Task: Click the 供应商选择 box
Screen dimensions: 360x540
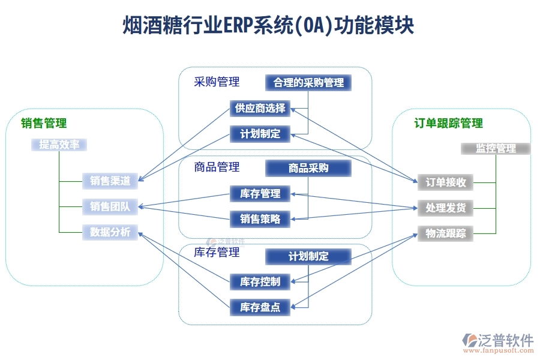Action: [260, 109]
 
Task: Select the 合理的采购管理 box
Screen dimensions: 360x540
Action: [308, 83]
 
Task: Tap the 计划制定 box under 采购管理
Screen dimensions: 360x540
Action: [260, 134]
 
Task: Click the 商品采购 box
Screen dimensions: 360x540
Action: [308, 169]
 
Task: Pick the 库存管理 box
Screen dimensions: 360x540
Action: [260, 194]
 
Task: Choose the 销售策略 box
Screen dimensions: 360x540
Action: [260, 219]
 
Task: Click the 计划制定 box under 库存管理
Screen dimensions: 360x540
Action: [308, 257]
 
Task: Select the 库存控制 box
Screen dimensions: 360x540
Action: [260, 281]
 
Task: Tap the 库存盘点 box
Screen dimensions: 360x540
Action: [260, 307]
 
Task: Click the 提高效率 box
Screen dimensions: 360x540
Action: [59, 145]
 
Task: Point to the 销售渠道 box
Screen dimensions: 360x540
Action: [110, 180]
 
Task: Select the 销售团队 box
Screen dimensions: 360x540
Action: [110, 207]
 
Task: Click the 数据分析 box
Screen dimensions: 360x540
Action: [110, 232]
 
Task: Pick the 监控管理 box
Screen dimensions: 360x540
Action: [496, 148]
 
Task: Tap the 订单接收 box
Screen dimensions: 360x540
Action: [446, 182]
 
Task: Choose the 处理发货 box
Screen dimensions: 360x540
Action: [446, 208]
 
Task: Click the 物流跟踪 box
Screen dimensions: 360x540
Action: [446, 233]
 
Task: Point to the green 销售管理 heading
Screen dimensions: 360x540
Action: [44, 124]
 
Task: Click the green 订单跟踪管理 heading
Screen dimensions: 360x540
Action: [448, 124]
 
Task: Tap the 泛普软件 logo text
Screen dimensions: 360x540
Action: [505, 340]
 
